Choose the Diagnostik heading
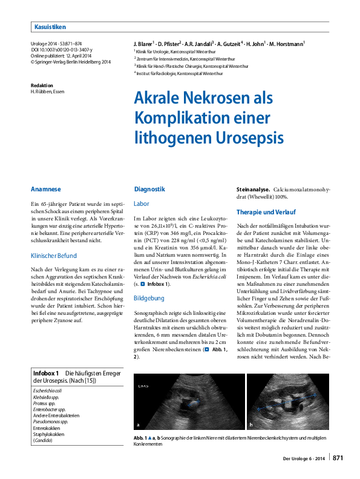click(x=149, y=189)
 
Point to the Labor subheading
click(x=141, y=203)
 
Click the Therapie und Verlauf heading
click(x=266, y=213)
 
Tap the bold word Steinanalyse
click(x=253, y=189)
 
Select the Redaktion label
click(x=42, y=85)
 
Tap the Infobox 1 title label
click(x=45, y=373)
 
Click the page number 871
click(x=338, y=458)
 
